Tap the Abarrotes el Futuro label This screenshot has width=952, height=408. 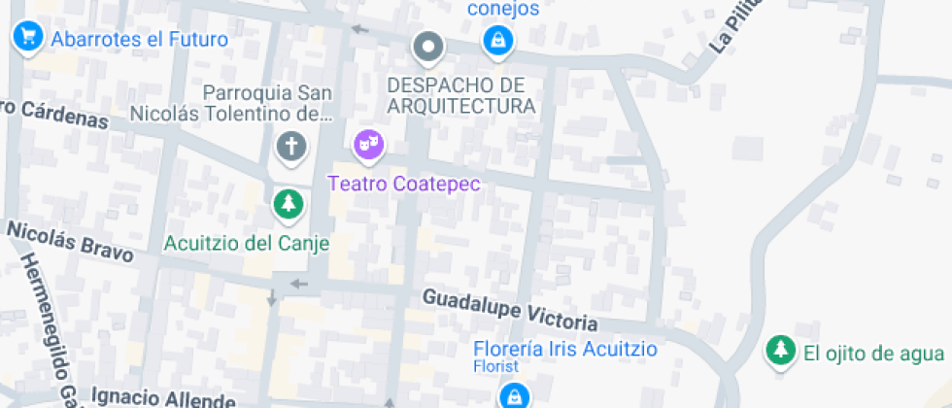[139, 40]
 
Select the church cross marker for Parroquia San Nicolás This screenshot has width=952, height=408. [289, 148]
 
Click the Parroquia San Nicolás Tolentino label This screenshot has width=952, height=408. [268, 105]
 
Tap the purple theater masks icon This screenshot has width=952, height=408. [368, 146]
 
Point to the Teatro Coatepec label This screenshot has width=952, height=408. [404, 184]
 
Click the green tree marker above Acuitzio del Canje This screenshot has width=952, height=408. [288, 203]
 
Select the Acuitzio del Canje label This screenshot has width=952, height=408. [247, 243]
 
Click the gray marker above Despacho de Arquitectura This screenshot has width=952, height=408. [427, 46]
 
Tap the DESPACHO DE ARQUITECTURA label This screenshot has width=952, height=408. [460, 95]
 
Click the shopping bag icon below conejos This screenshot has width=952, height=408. [498, 41]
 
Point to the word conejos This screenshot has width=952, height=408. [503, 9]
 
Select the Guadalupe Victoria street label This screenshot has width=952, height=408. [510, 310]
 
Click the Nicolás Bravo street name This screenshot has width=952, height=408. [70, 242]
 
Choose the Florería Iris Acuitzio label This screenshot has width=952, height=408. [565, 349]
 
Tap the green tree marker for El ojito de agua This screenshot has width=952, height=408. [779, 351]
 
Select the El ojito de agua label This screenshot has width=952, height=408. [873, 354]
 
